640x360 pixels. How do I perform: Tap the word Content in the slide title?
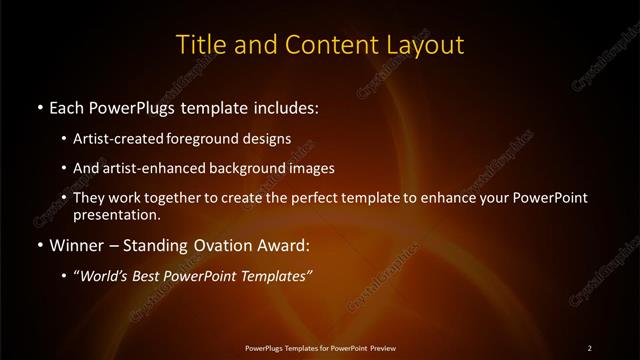[x=323, y=45]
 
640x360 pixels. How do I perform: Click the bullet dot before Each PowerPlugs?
[x=38, y=106]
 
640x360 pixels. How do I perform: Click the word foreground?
[x=221, y=139]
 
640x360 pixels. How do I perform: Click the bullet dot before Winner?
[x=38, y=245]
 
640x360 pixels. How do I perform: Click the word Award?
[x=282, y=245]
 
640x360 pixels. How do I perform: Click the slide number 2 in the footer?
[x=589, y=347]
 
